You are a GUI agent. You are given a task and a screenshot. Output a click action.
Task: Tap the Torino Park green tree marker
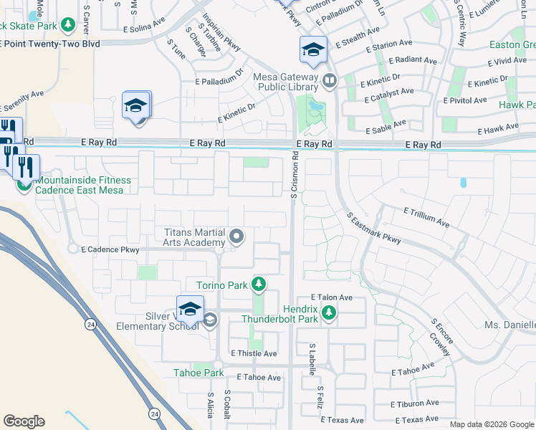click(259, 285)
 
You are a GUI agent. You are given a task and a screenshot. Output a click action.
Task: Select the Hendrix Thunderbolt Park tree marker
click(328, 312)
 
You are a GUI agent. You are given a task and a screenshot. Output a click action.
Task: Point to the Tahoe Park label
click(198, 373)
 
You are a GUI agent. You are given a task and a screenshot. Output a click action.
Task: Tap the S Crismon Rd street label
click(294, 175)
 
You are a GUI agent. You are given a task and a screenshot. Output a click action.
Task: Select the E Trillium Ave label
click(426, 217)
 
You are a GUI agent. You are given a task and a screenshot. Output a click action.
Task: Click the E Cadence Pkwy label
click(110, 250)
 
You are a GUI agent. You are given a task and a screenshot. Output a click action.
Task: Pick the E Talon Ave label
click(331, 297)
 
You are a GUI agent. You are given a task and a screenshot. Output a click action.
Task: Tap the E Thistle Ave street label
click(254, 353)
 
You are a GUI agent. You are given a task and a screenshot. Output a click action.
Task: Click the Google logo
click(24, 421)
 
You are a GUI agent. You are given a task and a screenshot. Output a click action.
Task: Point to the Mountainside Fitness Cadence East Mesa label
click(83, 185)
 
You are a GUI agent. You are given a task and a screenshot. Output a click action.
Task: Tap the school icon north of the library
click(313, 50)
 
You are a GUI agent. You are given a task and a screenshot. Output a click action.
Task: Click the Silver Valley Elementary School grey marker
click(209, 320)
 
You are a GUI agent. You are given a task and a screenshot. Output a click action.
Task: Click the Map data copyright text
click(492, 424)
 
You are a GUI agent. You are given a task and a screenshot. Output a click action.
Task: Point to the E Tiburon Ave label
click(416, 403)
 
